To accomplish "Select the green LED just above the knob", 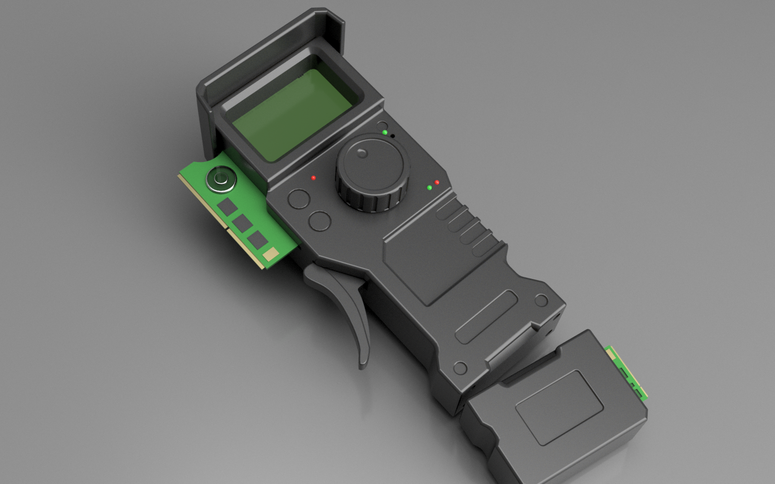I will [x=385, y=133].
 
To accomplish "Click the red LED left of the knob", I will [x=314, y=178].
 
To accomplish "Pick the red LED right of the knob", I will [x=437, y=182].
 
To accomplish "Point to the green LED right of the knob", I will [x=429, y=187].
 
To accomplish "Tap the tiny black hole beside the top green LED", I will [x=392, y=136].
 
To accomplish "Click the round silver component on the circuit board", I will [x=221, y=179].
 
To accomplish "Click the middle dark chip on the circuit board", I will [x=242, y=222].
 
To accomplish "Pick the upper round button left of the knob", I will [x=299, y=198].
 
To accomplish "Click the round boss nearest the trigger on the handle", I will [x=460, y=368].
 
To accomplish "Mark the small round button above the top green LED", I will [x=382, y=126].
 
